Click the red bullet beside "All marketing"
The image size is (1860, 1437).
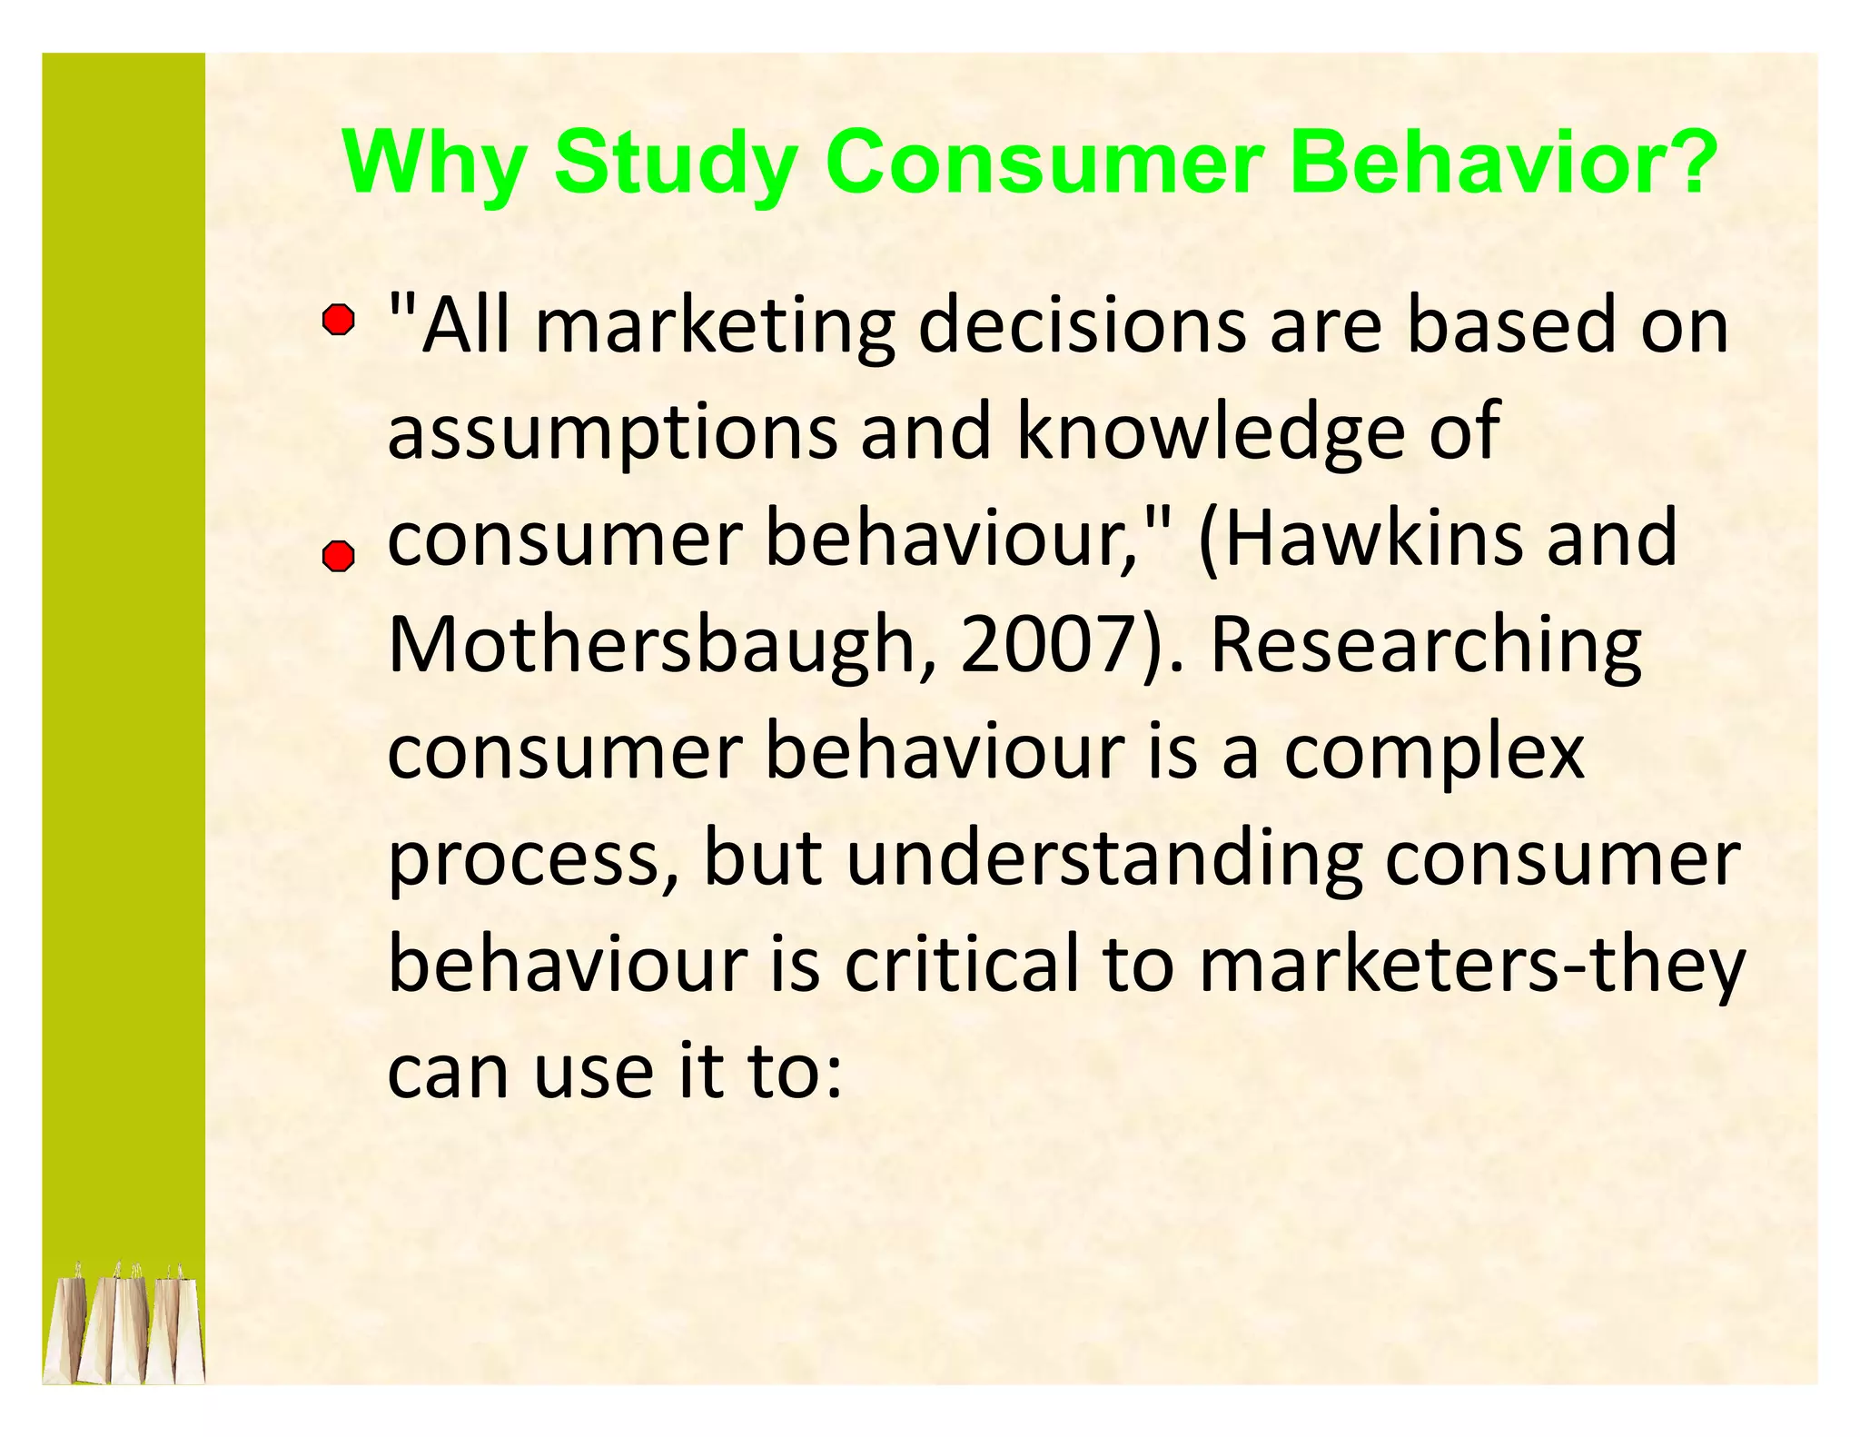click(x=339, y=321)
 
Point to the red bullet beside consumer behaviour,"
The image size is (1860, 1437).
click(x=339, y=556)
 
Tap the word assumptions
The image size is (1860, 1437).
click(x=611, y=434)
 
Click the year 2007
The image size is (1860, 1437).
click(x=1044, y=645)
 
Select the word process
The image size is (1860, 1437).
click(x=523, y=861)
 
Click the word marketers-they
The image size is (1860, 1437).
click(x=1471, y=966)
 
